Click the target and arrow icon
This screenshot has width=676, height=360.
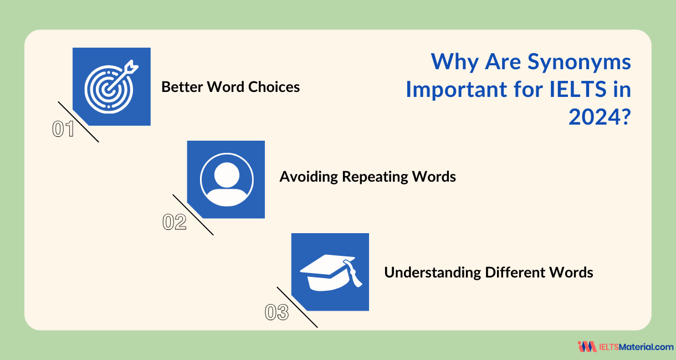[x=110, y=87]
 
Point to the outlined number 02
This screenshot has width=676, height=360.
[x=173, y=222]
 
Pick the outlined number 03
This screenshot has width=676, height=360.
[x=277, y=313]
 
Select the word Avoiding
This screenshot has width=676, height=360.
[x=308, y=177]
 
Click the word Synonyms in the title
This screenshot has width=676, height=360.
[x=580, y=62]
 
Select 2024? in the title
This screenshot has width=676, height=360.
[x=600, y=116]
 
